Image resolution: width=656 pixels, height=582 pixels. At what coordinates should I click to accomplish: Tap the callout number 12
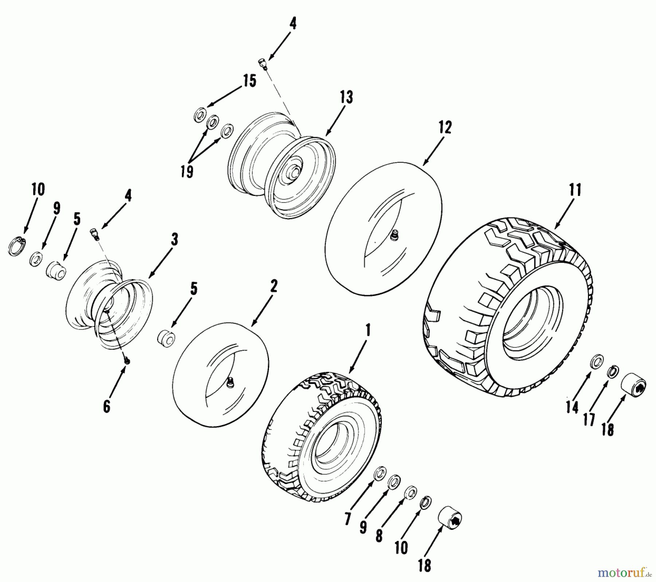445,127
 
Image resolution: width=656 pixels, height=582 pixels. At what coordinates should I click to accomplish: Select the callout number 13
346,97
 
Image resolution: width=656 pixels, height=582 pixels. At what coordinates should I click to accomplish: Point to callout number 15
250,81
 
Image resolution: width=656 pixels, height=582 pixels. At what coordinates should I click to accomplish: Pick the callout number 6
106,406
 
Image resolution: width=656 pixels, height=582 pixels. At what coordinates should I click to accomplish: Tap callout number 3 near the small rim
174,240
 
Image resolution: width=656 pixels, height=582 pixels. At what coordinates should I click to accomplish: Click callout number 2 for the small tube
273,286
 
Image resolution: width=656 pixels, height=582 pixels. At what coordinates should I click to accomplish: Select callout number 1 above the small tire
368,330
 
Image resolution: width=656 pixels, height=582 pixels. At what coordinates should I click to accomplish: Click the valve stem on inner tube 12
393,237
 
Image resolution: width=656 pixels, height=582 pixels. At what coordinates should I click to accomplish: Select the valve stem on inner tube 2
229,382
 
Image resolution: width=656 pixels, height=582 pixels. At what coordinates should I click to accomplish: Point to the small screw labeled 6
127,361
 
